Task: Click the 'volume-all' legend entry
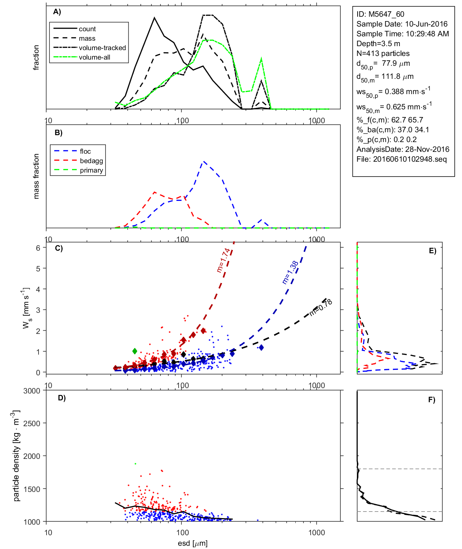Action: [95, 57]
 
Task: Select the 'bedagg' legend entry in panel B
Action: [91, 161]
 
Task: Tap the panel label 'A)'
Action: [57, 12]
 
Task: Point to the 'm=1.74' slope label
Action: [223, 260]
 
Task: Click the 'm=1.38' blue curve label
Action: [290, 272]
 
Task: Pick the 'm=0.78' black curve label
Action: [321, 307]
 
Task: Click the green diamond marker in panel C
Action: [135, 351]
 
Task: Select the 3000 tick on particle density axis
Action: [32, 391]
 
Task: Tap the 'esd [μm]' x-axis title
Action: [192, 544]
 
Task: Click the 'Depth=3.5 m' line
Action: [378, 44]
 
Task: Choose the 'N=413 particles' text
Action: [383, 53]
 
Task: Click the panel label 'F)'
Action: [432, 400]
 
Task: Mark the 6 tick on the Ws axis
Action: [38, 248]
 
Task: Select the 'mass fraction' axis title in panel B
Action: [36, 176]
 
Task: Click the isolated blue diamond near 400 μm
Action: [261, 348]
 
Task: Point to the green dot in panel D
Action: [135, 464]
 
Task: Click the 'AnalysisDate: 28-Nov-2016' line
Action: [403, 149]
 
